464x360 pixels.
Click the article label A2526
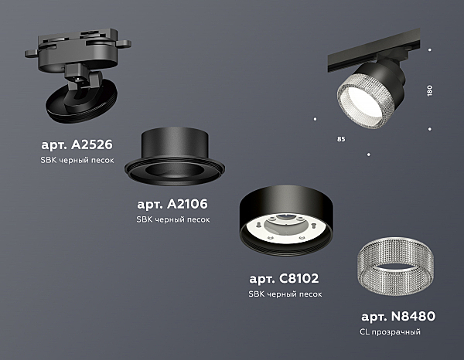(x=77, y=144)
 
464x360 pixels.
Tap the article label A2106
(x=172, y=204)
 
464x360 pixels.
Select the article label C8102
(x=284, y=278)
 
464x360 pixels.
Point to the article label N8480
(x=398, y=316)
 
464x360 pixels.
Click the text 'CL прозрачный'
(x=390, y=332)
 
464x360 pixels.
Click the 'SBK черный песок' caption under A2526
(x=77, y=160)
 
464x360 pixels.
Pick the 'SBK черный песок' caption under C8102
(x=285, y=294)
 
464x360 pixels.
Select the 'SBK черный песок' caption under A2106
(x=173, y=219)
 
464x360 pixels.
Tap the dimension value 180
(x=430, y=90)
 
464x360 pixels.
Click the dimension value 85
(x=341, y=139)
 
